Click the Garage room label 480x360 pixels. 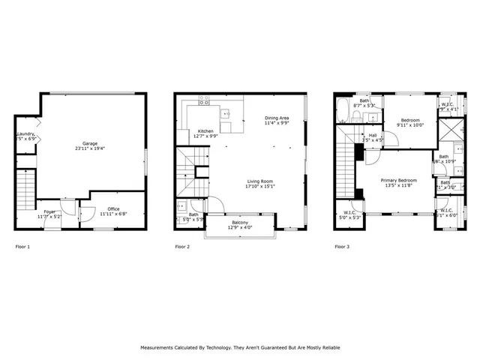[90, 143]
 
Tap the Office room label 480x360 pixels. [113, 208]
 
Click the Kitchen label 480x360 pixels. [205, 130]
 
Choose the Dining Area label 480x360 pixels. [277, 118]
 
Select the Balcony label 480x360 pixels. [239, 223]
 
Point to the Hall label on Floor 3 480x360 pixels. [373, 135]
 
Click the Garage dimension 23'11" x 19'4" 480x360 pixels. [90, 148]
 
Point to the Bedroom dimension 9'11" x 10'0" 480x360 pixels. [409, 125]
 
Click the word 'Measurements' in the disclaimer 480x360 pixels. [159, 348]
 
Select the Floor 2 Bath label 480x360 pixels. [193, 215]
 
